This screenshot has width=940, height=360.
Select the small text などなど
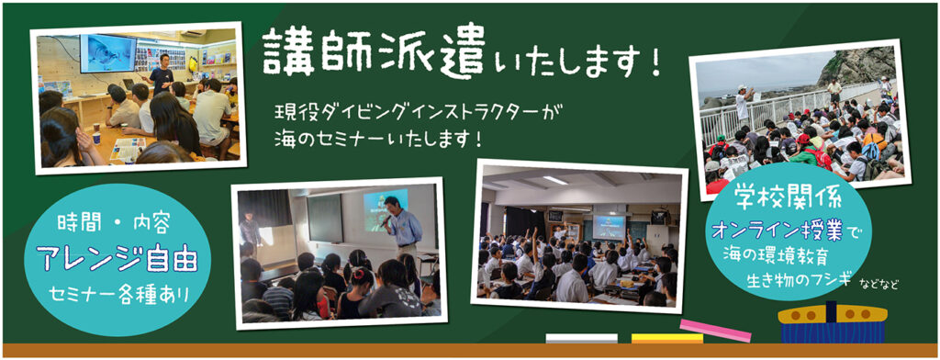pos(878,286)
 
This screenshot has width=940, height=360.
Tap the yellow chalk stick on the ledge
pos(666,338)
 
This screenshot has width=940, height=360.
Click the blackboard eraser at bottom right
pos(832,323)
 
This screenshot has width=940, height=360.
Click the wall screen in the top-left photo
pos(107,53)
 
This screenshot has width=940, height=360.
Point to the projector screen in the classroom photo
pos(608,226)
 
